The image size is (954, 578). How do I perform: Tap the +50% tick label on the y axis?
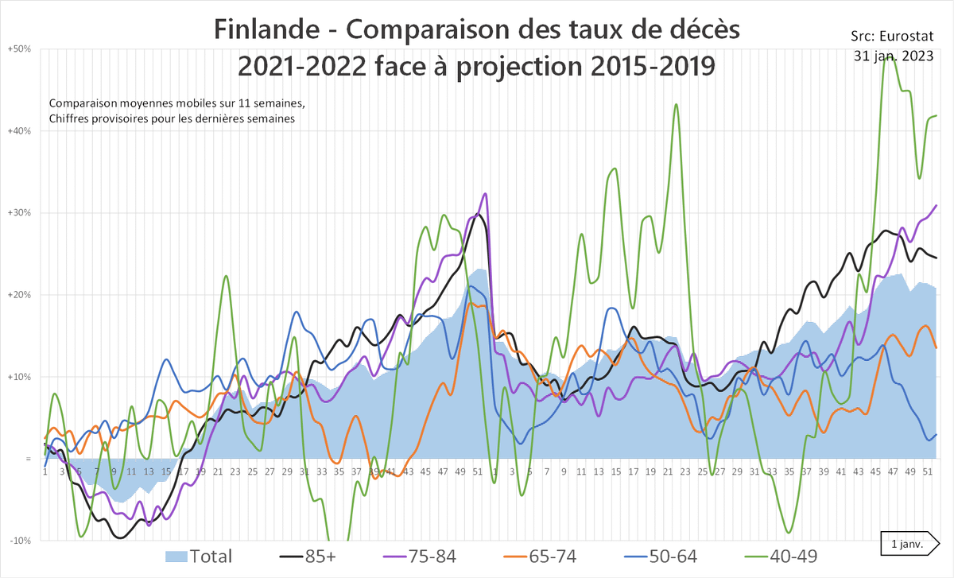[19, 49]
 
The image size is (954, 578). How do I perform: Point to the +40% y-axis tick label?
[19, 131]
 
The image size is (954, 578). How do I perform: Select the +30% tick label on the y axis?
[19, 213]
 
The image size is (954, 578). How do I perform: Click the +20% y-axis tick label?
[19, 295]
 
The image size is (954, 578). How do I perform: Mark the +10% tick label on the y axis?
[19, 377]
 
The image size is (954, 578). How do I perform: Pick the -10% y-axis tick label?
[19, 541]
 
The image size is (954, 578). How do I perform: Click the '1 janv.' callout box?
[907, 544]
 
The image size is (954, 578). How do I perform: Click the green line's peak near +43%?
[677, 104]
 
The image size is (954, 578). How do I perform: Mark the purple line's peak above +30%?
[485, 194]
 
